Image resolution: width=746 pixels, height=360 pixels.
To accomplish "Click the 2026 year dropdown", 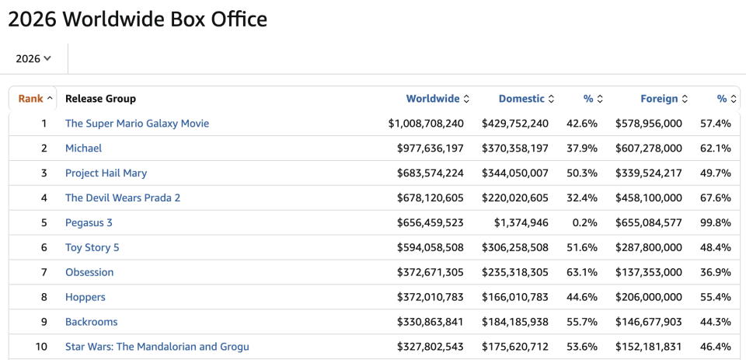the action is [x=33, y=58].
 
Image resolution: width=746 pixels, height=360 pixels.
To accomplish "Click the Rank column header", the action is [x=35, y=99].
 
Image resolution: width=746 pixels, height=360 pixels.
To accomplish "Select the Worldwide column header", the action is [x=437, y=99].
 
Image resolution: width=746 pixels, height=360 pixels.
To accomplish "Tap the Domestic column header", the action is [x=526, y=99].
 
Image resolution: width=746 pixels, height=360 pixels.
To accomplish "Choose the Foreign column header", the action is [x=664, y=99].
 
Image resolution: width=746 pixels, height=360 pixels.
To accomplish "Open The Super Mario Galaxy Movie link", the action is [x=137, y=124].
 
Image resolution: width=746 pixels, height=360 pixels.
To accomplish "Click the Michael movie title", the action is [x=83, y=148].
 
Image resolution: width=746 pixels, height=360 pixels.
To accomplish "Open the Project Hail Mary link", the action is [x=106, y=173].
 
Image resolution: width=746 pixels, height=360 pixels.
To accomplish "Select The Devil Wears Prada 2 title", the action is [x=123, y=197].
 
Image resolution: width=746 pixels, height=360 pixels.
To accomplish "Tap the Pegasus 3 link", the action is [x=89, y=222].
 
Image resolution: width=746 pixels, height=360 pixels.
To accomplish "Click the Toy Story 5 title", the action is [x=92, y=247].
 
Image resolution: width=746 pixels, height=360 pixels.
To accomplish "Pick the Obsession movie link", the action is [x=89, y=272].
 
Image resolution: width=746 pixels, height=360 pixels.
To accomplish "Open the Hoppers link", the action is [x=85, y=297].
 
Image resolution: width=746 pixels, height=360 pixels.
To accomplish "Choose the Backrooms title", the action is [x=92, y=322].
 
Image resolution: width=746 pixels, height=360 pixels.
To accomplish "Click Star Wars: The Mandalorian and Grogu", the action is [x=157, y=347].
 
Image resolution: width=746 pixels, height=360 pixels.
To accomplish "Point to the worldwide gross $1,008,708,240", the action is [x=426, y=124].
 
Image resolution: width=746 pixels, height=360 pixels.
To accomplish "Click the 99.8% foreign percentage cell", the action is [x=715, y=222].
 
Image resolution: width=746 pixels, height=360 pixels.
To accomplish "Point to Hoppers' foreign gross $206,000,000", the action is [x=648, y=297].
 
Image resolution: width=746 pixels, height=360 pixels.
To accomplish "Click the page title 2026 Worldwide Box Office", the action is [x=138, y=19].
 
